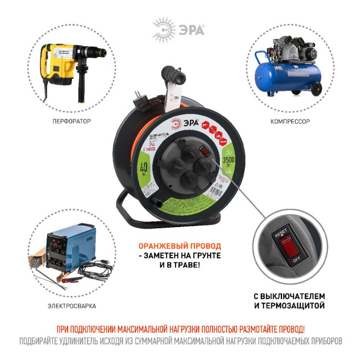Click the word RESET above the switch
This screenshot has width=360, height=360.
pyautogui.click(x=281, y=234)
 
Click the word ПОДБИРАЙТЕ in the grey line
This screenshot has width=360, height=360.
pyautogui.click(x=39, y=341)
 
